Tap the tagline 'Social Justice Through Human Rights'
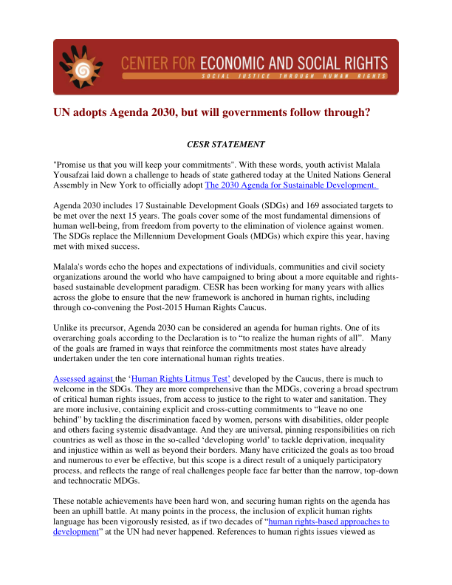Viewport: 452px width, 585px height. point(294,75)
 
